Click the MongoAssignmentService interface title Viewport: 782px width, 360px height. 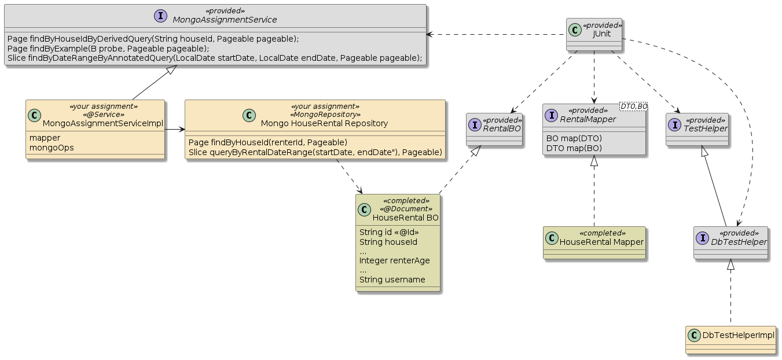click(225, 20)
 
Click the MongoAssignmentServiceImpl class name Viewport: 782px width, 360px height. click(103, 123)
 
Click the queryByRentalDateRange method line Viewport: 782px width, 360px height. click(315, 152)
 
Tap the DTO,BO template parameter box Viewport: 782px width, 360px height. click(633, 105)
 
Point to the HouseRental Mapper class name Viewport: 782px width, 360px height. click(601, 242)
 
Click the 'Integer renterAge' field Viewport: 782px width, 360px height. click(394, 260)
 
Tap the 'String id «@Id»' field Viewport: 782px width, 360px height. click(389, 233)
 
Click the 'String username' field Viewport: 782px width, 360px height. click(392, 280)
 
